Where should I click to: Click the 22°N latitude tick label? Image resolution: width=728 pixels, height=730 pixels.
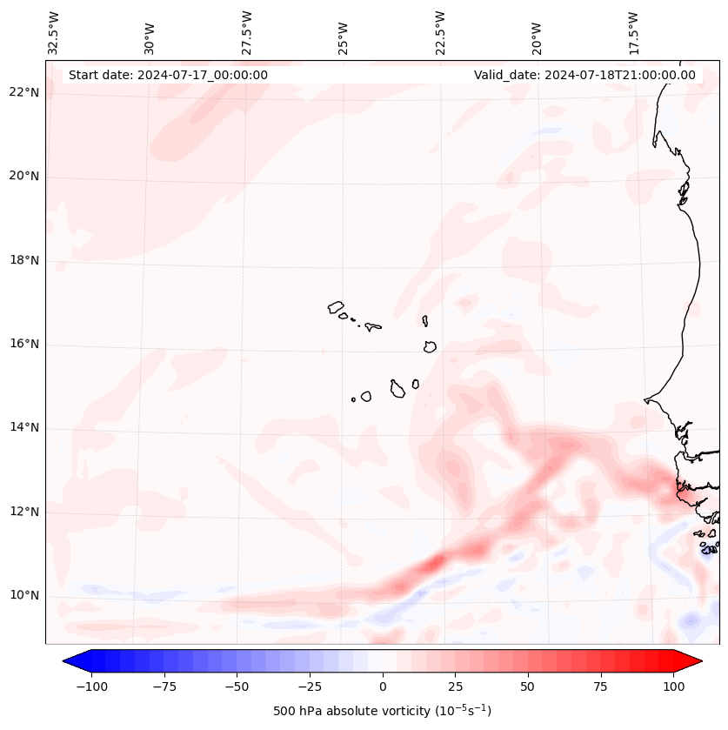tap(24, 92)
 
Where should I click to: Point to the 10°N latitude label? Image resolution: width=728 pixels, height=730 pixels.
tap(24, 595)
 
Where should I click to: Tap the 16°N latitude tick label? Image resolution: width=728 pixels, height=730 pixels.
tap(24, 344)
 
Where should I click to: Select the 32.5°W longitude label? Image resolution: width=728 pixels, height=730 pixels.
tap(54, 33)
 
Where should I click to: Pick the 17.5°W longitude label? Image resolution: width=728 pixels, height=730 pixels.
tap(634, 33)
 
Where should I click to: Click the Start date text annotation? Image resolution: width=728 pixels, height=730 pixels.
tap(168, 75)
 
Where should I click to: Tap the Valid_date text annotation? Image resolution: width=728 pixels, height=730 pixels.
tap(584, 75)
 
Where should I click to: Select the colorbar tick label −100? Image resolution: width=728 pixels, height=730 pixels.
tap(91, 686)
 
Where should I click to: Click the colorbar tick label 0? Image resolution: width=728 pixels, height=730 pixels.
tap(382, 686)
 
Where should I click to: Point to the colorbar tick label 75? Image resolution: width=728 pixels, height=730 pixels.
tap(600, 686)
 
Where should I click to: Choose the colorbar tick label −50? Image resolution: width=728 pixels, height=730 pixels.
tap(237, 686)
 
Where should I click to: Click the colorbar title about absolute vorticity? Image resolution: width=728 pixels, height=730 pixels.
tap(382, 711)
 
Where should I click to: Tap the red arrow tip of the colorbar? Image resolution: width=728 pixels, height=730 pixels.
tap(691, 661)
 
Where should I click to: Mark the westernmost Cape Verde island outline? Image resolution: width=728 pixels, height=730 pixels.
tap(336, 307)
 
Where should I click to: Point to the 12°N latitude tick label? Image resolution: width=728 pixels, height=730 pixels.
tap(24, 512)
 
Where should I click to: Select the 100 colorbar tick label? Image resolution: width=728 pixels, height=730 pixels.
tap(673, 686)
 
